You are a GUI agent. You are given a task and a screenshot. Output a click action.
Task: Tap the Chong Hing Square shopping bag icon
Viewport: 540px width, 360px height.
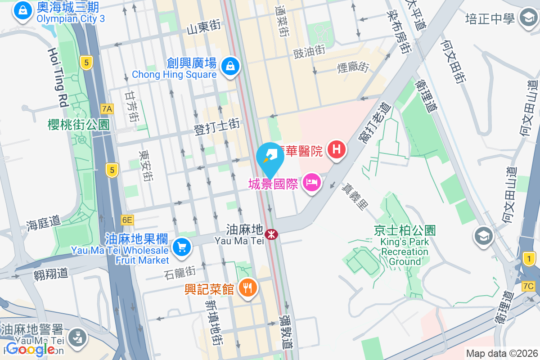click(230, 66)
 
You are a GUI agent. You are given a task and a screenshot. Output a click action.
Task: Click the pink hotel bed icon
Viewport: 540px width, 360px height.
click(311, 182)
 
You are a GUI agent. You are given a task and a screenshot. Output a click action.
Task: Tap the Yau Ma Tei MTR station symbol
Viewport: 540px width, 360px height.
click(271, 234)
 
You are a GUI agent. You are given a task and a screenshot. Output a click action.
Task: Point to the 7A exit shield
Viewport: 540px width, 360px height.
click(107, 108)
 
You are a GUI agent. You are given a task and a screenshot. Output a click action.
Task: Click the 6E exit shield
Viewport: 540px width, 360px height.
click(127, 220)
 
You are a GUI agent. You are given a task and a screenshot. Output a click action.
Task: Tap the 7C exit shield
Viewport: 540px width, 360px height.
click(528, 286)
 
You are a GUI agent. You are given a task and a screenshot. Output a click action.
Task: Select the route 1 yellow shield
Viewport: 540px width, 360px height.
click(530, 258)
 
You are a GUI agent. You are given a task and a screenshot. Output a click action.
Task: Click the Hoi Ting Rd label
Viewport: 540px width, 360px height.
click(57, 77)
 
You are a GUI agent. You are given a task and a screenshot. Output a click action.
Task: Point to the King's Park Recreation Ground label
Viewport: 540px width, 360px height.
click(405, 247)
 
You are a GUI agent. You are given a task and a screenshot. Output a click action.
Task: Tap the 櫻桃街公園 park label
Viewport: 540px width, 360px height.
click(79, 125)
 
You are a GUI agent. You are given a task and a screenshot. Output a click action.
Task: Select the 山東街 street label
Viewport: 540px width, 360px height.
click(203, 28)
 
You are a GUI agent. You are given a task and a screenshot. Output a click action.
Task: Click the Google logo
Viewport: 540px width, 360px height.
click(31, 349)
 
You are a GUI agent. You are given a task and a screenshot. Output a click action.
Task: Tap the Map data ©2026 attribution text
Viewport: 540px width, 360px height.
click(501, 353)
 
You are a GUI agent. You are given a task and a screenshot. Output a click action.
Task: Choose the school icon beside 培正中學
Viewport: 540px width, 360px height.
click(526, 18)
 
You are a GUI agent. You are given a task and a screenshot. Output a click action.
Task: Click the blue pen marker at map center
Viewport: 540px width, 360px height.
click(270, 157)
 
